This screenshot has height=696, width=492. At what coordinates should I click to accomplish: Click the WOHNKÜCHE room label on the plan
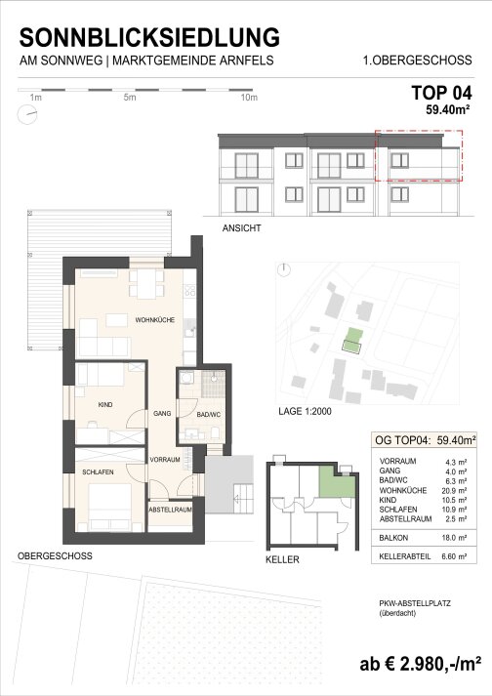pos(155,319)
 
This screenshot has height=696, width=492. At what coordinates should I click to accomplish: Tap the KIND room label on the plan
pos(105,404)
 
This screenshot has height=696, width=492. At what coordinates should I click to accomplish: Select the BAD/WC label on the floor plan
pos(209,415)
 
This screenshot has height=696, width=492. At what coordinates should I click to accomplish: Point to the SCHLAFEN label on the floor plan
pos(98,471)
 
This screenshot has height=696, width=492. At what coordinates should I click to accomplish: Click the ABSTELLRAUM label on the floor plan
pos(171,510)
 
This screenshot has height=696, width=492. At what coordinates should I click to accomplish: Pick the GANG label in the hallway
pos(162,413)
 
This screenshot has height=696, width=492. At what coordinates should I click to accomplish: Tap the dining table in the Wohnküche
pos(146,284)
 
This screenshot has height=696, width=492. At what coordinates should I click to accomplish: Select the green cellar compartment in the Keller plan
pos(336,481)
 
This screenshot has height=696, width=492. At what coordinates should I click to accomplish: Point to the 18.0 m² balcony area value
pos(454,538)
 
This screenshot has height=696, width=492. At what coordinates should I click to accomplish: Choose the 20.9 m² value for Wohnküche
pos(454,490)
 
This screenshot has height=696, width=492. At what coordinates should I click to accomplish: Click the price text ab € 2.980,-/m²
pos(420,664)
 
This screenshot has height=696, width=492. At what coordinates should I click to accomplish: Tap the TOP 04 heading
pos(441,93)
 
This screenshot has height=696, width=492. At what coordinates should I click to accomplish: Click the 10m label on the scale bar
pos(249,98)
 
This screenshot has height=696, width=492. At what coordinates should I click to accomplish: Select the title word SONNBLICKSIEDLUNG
pos(149,37)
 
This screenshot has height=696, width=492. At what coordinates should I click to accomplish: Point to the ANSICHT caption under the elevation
pos(241,228)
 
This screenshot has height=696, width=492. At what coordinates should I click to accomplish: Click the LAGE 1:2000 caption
pos(305,412)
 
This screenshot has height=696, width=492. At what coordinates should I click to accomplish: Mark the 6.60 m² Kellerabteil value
pos(454,556)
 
